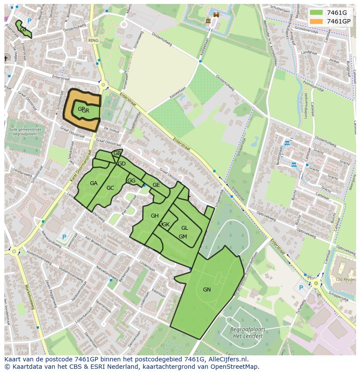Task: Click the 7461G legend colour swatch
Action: point(317,13)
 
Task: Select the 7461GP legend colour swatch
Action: point(317,21)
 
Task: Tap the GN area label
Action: point(207,289)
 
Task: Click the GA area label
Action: point(93,183)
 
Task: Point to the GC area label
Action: point(110,188)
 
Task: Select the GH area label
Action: point(154,216)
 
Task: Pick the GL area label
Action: point(185,228)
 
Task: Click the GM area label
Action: point(183,237)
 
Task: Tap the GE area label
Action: point(156,185)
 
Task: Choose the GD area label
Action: point(122,164)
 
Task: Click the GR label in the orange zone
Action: point(85,111)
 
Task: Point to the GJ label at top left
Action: point(23,30)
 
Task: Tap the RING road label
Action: point(93,40)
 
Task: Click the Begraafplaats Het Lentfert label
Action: point(247,332)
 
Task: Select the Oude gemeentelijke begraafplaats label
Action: point(25,132)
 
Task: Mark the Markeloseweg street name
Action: point(30,296)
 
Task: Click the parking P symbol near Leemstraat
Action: point(64,237)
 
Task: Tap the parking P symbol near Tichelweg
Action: point(301,288)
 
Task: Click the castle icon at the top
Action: point(208,20)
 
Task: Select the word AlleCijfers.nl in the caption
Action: point(227,360)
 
